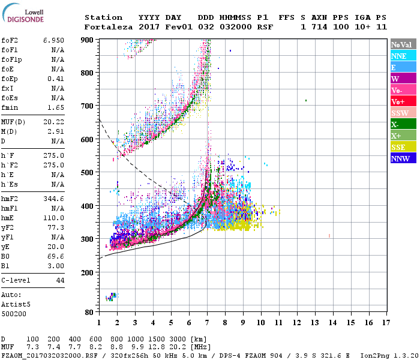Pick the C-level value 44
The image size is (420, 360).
click(60, 280)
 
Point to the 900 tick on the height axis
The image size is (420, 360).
click(87, 40)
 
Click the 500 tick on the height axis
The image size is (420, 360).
click(87, 173)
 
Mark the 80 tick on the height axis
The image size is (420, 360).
click(89, 313)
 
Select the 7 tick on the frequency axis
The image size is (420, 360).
click(208, 323)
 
